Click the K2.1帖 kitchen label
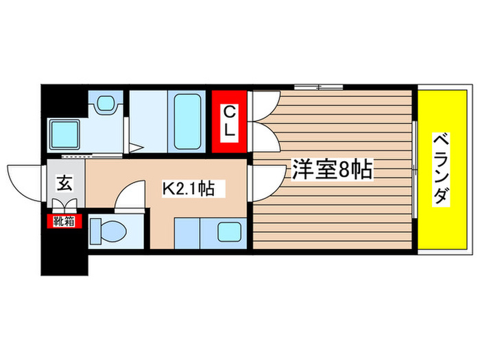(187, 188)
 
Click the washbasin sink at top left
(106, 104)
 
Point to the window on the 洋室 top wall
(318, 86)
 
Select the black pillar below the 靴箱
(64, 251)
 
